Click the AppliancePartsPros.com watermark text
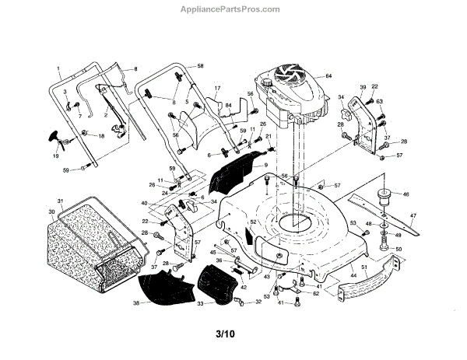click(233, 10)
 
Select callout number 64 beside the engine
click(328, 76)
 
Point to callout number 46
click(405, 194)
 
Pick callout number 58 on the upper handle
click(200, 68)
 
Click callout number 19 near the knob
click(55, 156)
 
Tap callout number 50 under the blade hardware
click(400, 249)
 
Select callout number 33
click(199, 303)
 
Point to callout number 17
click(218, 89)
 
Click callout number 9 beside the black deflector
click(265, 166)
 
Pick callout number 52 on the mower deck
click(253, 221)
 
